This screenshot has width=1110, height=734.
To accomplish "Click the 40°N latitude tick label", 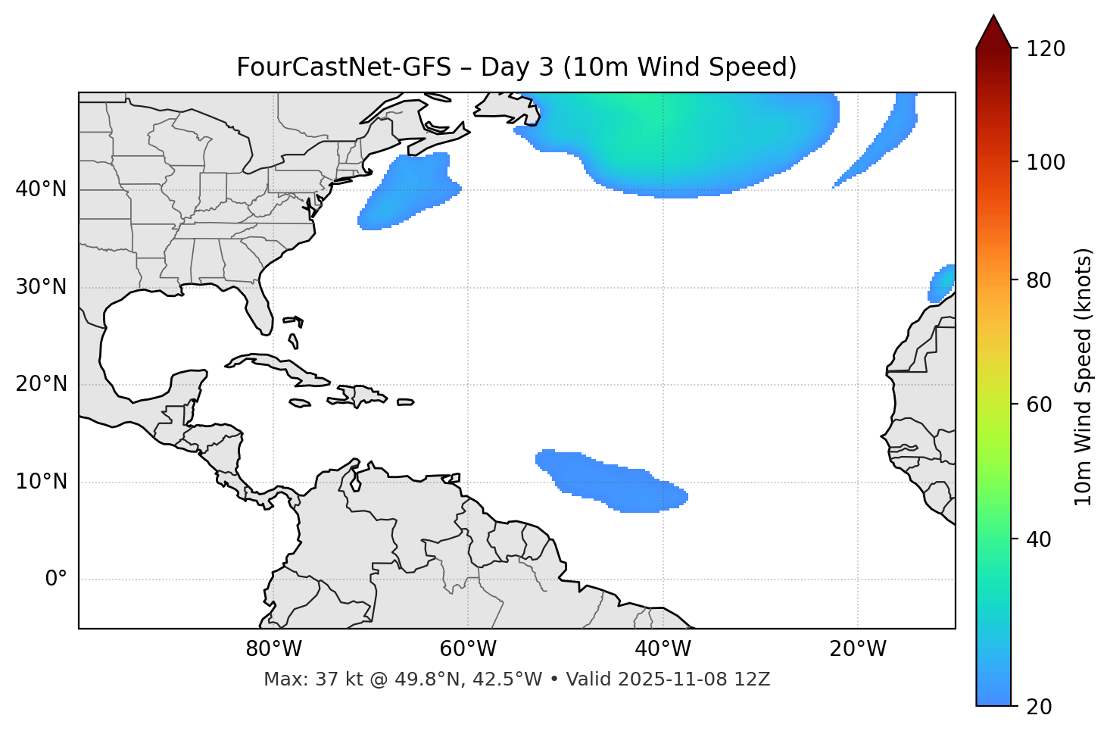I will point(41,189).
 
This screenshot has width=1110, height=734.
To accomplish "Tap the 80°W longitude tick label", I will point(273,649).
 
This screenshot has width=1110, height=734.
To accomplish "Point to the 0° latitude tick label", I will point(56,579).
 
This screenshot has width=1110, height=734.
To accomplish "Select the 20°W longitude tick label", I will point(858,649).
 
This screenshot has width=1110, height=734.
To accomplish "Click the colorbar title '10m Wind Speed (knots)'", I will point(1083,376).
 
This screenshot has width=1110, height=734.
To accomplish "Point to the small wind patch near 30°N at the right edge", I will point(942,283).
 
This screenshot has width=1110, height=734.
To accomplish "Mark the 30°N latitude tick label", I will point(41,287).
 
